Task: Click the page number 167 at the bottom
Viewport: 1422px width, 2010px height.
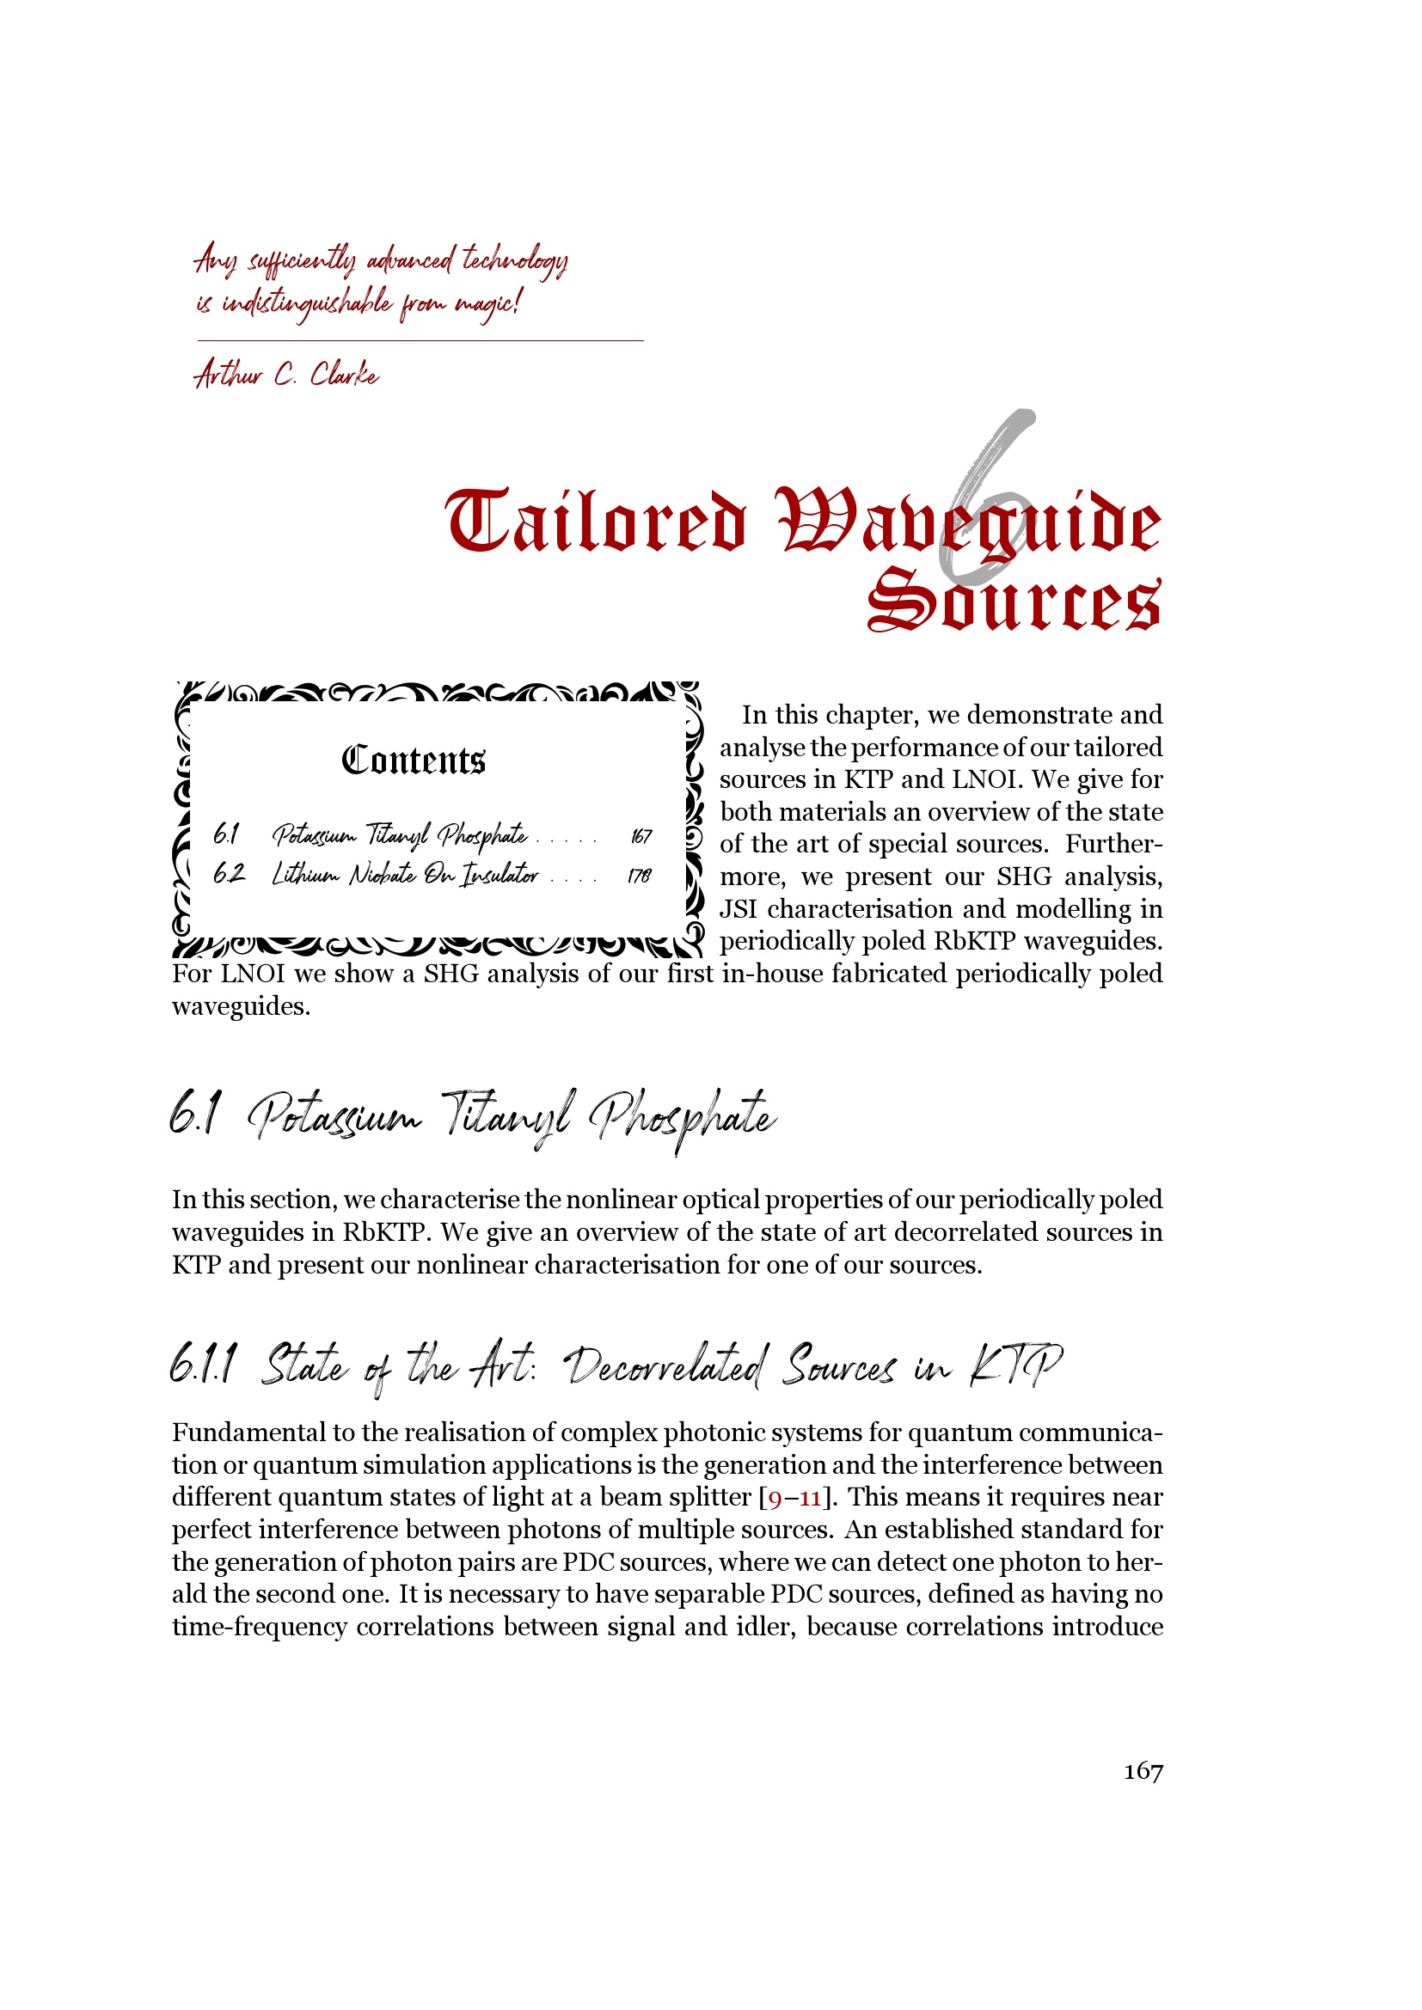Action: click(x=1143, y=1771)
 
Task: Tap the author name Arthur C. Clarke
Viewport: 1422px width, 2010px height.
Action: click(x=286, y=375)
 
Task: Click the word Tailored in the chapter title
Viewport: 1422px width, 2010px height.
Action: click(x=596, y=522)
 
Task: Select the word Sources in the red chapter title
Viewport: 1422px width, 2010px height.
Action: click(x=1014, y=601)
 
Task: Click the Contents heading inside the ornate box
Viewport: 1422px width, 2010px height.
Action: click(x=414, y=760)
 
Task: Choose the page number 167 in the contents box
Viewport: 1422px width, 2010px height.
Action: click(x=641, y=837)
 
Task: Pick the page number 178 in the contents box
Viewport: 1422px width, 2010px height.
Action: click(x=639, y=876)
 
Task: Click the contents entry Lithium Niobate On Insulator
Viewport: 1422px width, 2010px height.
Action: click(x=405, y=875)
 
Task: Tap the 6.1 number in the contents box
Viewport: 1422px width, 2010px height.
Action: click(x=226, y=835)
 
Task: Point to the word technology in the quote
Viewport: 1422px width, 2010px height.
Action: click(x=515, y=261)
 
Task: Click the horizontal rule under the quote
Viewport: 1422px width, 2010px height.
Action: click(x=420, y=340)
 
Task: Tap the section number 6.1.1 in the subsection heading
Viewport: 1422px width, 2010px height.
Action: click(x=202, y=1365)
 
